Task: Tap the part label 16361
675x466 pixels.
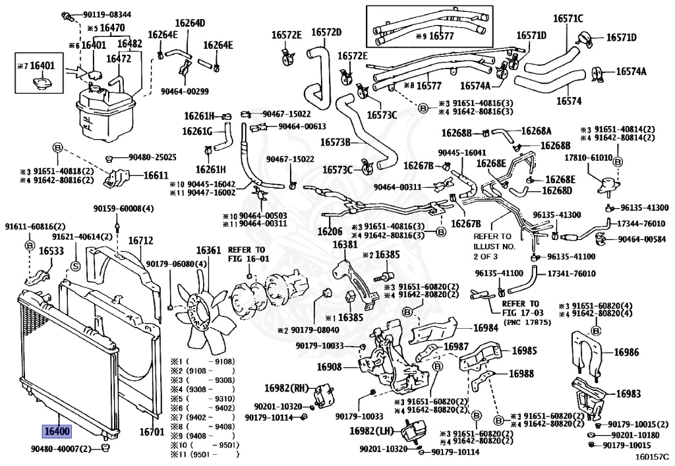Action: (x=209, y=250)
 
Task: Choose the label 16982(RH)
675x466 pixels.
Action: (x=288, y=390)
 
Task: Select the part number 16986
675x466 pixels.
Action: (x=626, y=353)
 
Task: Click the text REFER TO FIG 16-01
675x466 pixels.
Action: (x=247, y=254)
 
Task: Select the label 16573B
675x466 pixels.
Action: (x=335, y=142)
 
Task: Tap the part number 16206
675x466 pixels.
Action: (x=330, y=231)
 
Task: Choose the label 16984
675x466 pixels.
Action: (x=485, y=328)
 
